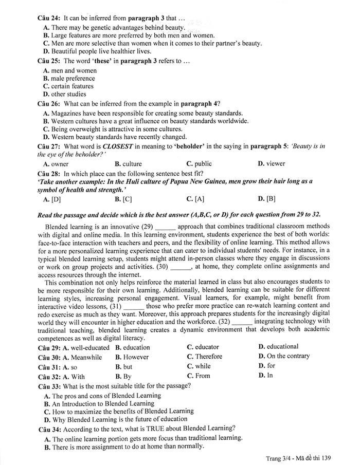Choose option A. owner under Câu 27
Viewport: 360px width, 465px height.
click(56, 163)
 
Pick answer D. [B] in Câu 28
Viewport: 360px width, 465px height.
click(267, 198)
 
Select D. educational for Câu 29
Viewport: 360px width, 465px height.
click(278, 347)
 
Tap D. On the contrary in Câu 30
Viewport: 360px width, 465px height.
click(284, 356)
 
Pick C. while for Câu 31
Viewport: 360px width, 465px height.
click(199, 366)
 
